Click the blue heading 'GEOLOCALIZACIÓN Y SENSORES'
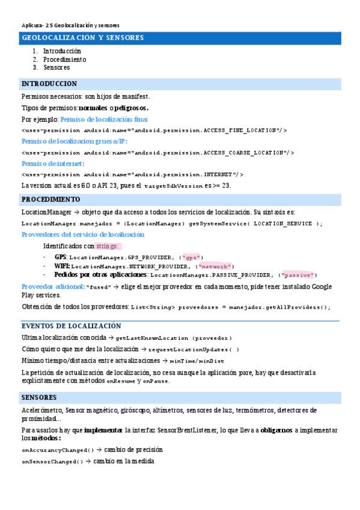click(x=83, y=38)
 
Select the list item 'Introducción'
click(x=62, y=52)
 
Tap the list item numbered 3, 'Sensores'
click(x=56, y=67)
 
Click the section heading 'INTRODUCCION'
click(x=49, y=84)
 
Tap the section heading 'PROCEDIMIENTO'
click(x=50, y=199)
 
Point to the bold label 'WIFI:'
click(x=62, y=266)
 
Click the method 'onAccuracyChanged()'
click(x=58, y=450)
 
